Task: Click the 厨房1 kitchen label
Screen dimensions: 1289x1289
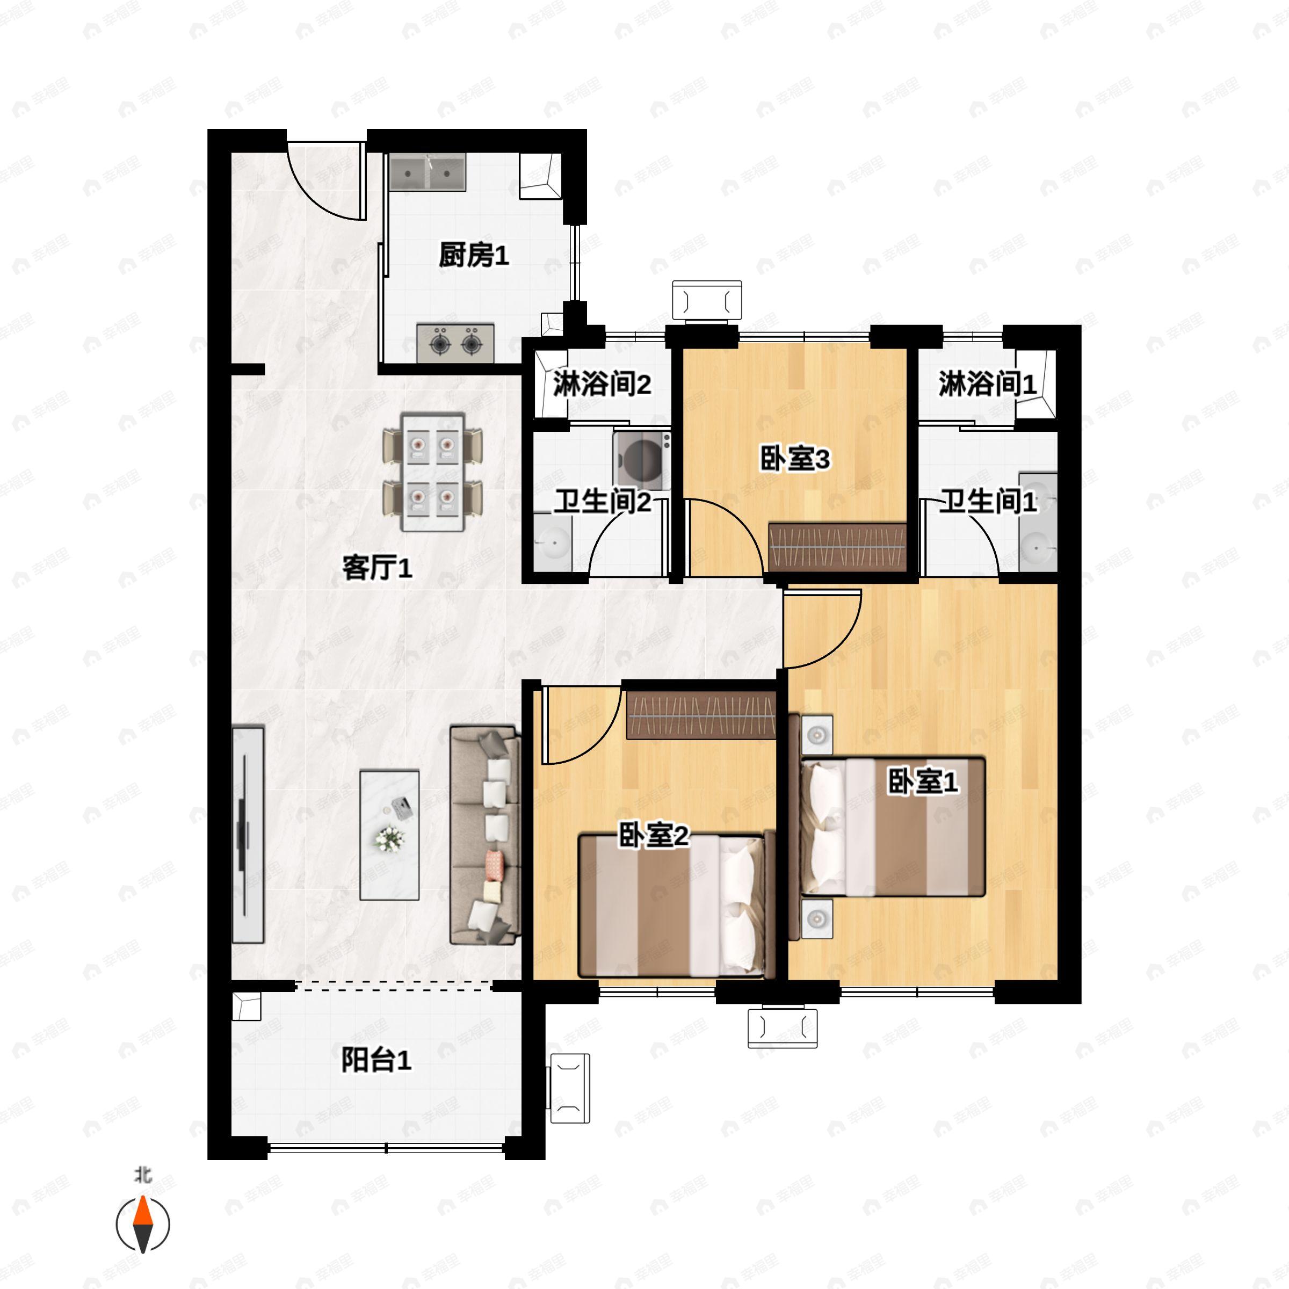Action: (473, 256)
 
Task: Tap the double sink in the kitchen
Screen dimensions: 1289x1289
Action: (428, 173)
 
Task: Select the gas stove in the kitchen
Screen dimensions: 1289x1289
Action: (455, 344)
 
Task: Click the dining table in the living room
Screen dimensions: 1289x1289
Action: (432, 472)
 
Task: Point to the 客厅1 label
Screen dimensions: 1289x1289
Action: (377, 568)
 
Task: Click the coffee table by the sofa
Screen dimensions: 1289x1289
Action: (389, 835)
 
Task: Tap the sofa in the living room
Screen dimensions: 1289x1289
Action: (485, 835)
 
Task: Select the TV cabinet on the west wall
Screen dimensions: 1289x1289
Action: (248, 834)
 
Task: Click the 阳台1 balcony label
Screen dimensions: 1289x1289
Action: (376, 1060)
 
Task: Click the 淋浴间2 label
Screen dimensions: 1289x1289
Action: (602, 385)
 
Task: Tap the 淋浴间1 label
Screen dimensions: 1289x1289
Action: (988, 385)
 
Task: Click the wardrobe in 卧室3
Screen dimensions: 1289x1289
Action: (837, 547)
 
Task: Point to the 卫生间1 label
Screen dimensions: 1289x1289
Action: (988, 502)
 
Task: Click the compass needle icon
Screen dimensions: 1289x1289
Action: (143, 1225)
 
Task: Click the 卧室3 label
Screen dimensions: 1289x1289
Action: (795, 460)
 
